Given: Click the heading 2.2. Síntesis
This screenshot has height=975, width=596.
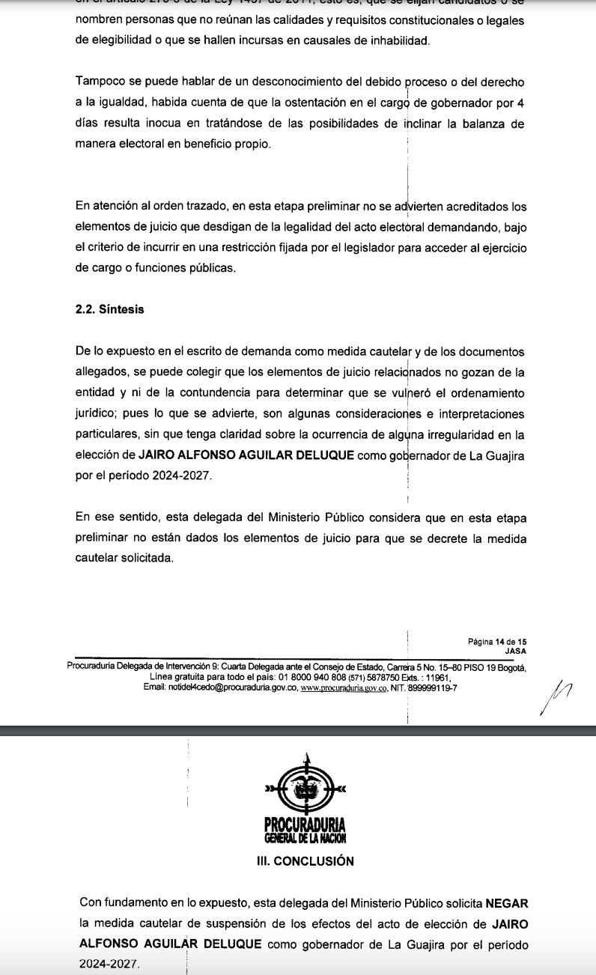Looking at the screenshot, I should point(109,309).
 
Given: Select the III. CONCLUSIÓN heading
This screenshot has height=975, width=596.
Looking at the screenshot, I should point(305,861).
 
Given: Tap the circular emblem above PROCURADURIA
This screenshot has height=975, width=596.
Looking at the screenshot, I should point(305,786).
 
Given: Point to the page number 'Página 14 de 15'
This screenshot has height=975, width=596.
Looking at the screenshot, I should point(497,642).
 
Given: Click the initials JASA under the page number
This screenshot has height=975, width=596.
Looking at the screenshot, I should point(515,651).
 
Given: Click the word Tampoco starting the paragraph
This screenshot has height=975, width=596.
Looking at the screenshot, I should point(100,82).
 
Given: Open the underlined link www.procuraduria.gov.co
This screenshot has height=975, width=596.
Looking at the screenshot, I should point(343,687).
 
